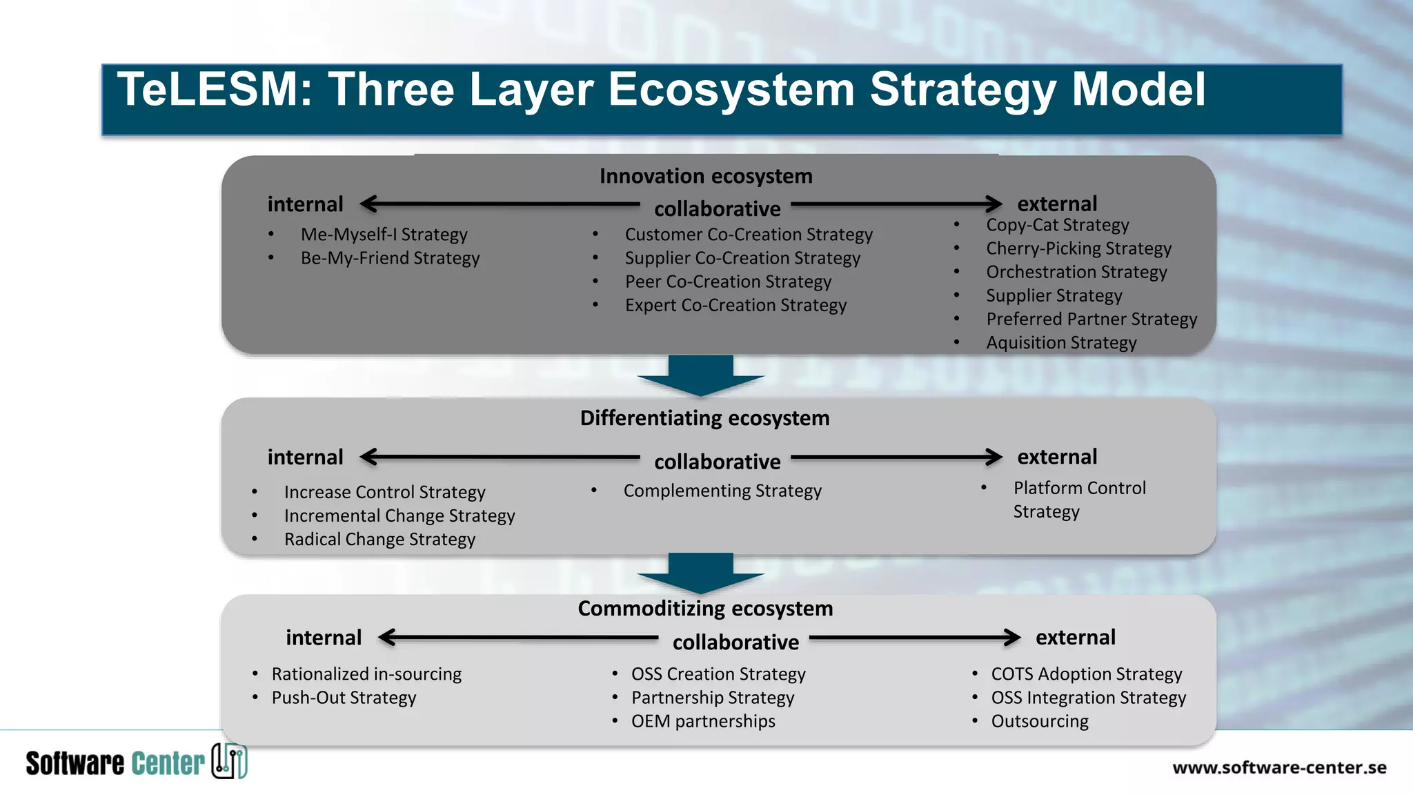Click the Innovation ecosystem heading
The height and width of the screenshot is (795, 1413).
pos(705,176)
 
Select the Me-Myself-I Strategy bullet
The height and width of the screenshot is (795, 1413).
pos(384,235)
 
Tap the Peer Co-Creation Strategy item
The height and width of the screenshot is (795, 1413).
pos(728,282)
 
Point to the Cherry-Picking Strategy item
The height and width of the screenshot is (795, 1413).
pos(1078,248)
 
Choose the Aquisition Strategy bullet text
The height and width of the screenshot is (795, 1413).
pos(1061,343)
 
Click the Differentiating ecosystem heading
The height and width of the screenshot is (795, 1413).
pos(704,418)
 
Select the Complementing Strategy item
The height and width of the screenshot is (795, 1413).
pos(722,491)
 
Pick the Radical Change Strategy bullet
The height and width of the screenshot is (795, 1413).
pos(379,540)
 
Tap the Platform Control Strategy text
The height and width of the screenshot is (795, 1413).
pos(1079,500)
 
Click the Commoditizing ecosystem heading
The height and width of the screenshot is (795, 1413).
pos(705,609)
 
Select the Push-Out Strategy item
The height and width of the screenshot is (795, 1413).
pos(344,698)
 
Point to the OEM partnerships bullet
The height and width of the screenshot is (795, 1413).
pos(703,721)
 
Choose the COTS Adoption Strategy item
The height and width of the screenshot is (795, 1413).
pos(1086,674)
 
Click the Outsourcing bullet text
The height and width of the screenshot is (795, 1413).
pos(1040,721)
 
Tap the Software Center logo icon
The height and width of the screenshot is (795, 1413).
pos(229,761)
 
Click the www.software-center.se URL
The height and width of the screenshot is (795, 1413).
pos(1279,767)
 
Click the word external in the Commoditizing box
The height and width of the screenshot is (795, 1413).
pos(1075,638)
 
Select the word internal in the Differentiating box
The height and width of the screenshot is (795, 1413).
pos(305,458)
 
